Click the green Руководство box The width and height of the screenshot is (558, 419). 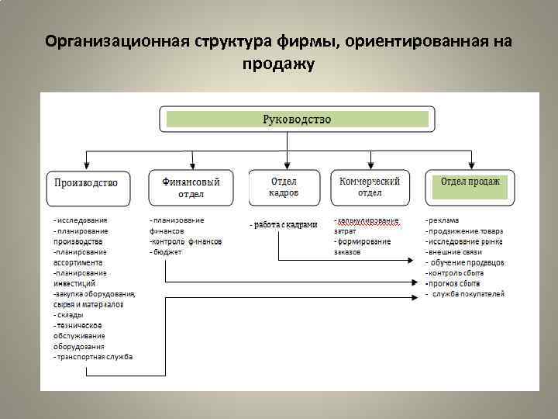pos(296,119)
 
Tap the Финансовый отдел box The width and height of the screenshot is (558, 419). pos(191,187)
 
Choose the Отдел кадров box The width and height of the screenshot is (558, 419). pos(284,186)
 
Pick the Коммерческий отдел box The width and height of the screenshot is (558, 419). pos(370,186)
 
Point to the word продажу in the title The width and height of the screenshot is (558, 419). pos(278,64)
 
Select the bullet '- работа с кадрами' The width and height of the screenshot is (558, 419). pos(284,225)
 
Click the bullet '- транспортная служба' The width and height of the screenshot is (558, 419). pos(93,357)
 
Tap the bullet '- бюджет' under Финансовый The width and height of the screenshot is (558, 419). pos(167,252)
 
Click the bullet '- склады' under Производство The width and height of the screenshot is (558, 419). pos(68,315)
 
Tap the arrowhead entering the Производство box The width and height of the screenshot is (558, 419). pos(86,166)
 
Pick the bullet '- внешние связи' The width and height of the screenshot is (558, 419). pos(454,252)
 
